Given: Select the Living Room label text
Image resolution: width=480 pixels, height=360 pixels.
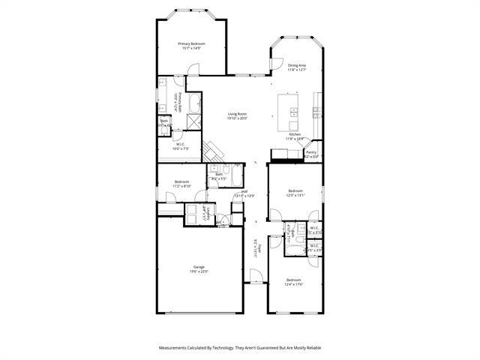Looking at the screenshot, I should tap(238, 115).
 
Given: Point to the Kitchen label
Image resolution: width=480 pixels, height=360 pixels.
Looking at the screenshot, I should tap(295, 136).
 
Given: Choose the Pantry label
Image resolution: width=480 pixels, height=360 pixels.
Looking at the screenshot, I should tap(311, 154).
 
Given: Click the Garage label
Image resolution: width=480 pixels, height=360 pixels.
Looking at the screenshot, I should tap(199, 269).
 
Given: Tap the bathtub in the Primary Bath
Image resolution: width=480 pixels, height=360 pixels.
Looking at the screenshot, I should tap(193, 103).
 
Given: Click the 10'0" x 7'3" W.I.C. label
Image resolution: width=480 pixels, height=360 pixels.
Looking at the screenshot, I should tap(181, 147).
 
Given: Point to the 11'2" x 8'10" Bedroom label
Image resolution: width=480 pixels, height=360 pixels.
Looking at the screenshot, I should tap(181, 184).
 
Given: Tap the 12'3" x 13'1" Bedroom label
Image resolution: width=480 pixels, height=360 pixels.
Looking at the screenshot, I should tap(295, 193).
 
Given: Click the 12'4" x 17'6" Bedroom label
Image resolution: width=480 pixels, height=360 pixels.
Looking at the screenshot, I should tap(293, 282).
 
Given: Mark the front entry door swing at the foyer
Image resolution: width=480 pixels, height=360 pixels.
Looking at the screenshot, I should tap(257, 278).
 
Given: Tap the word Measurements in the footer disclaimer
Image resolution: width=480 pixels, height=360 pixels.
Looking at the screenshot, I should tap(178, 348).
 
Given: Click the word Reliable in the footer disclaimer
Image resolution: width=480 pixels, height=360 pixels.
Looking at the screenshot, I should tap(311, 348).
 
